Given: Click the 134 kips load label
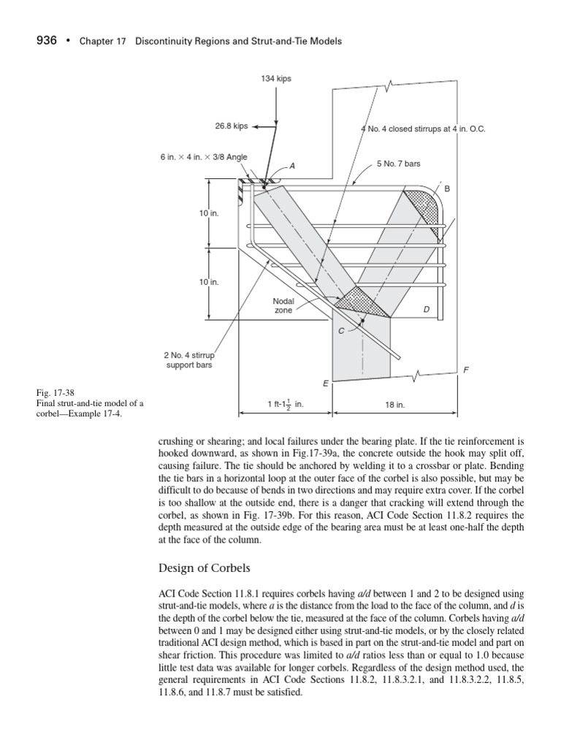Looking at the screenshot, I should pyautogui.click(x=276, y=79).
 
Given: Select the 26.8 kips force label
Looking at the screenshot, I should pyautogui.click(x=231, y=126).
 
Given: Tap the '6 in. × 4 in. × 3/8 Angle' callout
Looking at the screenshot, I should pyautogui.click(x=194, y=158).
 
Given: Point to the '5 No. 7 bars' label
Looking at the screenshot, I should pyautogui.click(x=398, y=164).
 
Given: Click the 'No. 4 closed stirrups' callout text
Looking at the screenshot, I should pyautogui.click(x=423, y=129).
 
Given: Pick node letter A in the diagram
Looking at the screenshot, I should pyautogui.click(x=293, y=166).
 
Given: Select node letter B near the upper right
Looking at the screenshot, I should pyautogui.click(x=448, y=188).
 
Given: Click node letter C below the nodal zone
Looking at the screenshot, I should pyautogui.click(x=340, y=332).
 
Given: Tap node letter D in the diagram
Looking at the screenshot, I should pyautogui.click(x=426, y=310).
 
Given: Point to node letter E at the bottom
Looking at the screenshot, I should pyautogui.click(x=325, y=383).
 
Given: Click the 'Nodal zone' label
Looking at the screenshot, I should pyautogui.click(x=283, y=305).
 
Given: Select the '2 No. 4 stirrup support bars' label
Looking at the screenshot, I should pyautogui.click(x=188, y=360).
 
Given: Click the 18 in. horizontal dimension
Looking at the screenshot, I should pyautogui.click(x=395, y=403).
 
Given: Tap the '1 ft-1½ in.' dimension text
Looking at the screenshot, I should pyautogui.click(x=285, y=403).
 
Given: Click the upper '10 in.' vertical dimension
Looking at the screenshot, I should pyautogui.click(x=209, y=213).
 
